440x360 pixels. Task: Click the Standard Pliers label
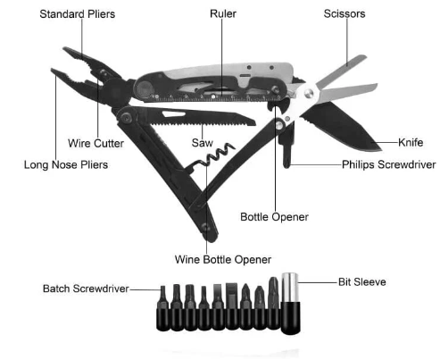[78, 14]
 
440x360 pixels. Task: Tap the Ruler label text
[223, 13]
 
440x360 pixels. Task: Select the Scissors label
[345, 13]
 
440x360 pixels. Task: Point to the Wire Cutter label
[95, 143]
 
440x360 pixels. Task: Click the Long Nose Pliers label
[66, 164]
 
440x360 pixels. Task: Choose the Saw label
[203, 143]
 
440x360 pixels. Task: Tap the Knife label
[411, 142]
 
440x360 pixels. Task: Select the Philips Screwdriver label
[388, 164]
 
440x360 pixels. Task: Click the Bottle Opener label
[274, 217]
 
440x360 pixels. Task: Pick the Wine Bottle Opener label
[223, 260]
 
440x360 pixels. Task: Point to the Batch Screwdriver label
[86, 289]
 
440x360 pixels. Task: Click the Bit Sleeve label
[362, 282]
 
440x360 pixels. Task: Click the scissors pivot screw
[309, 93]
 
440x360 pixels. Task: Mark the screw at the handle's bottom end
[205, 227]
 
